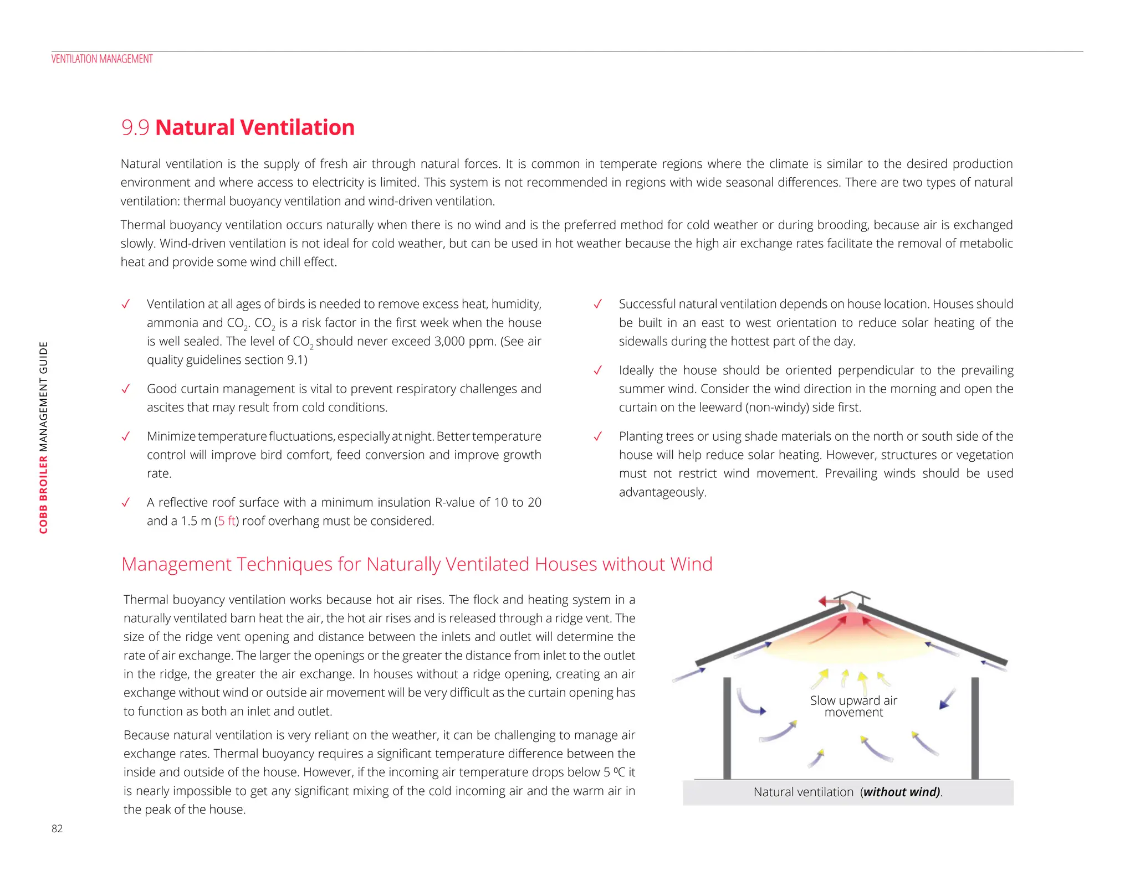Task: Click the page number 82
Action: coord(57,829)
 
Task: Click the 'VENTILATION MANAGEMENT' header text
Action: coord(102,59)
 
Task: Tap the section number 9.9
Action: coord(135,128)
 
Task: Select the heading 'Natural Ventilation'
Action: coord(255,128)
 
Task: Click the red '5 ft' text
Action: coord(227,521)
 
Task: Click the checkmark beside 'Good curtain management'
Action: coord(126,389)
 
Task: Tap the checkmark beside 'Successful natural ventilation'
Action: coord(598,304)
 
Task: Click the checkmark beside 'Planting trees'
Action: coord(598,436)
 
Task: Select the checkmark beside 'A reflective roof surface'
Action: coord(126,502)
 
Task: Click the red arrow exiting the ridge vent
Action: coord(830,601)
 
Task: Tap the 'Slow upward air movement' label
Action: coord(853,707)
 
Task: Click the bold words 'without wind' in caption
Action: coord(901,792)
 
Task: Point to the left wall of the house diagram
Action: coord(727,728)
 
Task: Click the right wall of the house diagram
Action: coord(975,728)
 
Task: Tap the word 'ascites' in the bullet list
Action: coord(165,408)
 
